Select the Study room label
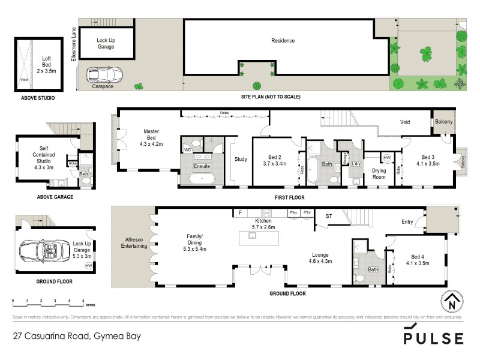pos(241,159)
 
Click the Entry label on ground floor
pos(407,222)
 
